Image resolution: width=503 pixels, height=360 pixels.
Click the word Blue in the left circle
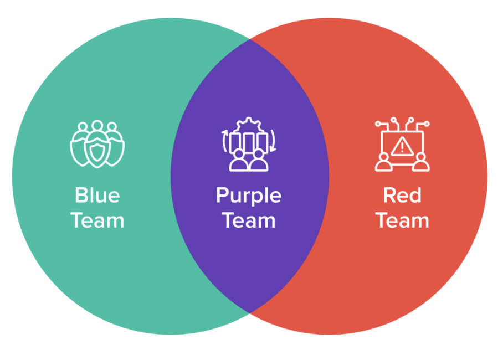pos(97,195)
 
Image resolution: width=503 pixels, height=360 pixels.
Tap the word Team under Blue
pos(97,220)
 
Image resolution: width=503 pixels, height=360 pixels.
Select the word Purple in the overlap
pos(249,196)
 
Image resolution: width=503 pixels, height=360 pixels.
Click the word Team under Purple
pos(249,220)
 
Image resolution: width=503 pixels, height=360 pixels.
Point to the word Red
pos(402,195)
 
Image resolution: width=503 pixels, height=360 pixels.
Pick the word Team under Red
pos(402,220)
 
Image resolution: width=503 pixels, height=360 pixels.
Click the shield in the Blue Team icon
pos(97,150)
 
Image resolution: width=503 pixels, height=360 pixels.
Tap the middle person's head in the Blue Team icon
pos(97,126)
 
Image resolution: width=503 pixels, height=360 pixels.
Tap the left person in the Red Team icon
pos(383,161)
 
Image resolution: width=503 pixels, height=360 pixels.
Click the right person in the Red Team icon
pos(421,161)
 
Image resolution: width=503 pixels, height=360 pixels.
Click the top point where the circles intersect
pos(250,40)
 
